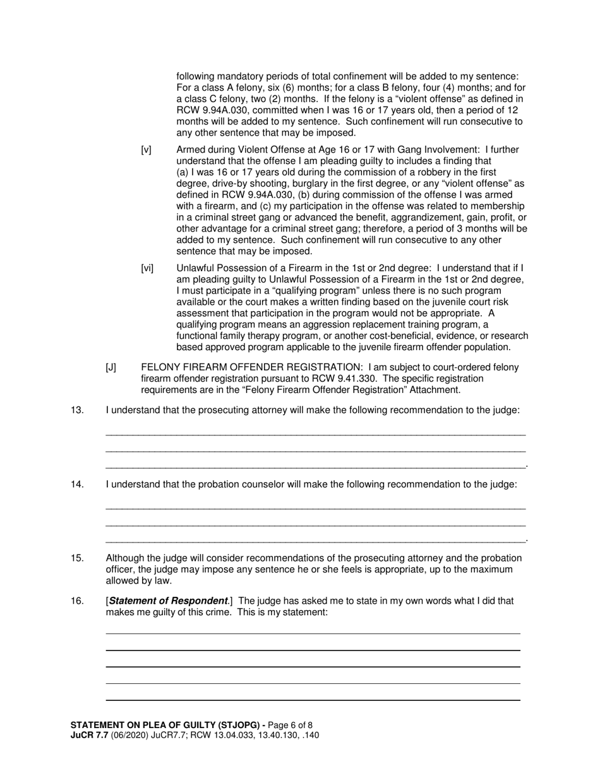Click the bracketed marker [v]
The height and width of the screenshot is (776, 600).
[x=146, y=150]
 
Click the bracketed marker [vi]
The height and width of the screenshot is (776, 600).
[x=147, y=268]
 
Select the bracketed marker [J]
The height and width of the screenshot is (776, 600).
[x=111, y=367]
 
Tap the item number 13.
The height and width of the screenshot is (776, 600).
[x=77, y=410]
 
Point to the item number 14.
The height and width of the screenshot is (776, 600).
[x=77, y=485]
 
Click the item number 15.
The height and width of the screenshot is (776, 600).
[x=77, y=558]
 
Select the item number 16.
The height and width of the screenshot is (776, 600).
[x=77, y=601]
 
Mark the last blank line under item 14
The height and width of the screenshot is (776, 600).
[x=315, y=541]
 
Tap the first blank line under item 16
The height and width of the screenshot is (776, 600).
[x=313, y=633]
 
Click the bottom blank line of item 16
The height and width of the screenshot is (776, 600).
[x=313, y=700]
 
